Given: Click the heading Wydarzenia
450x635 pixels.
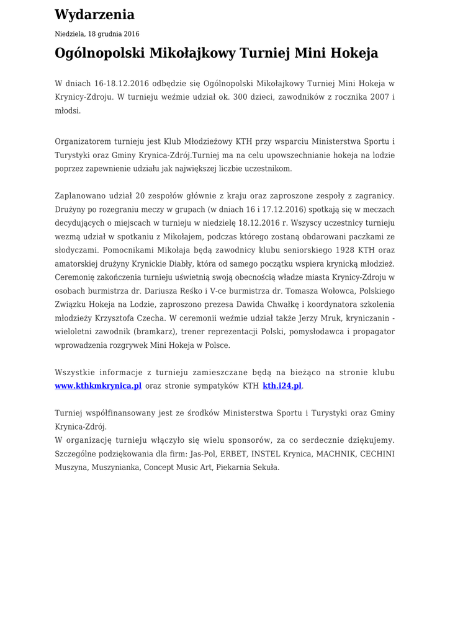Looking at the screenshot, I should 94,15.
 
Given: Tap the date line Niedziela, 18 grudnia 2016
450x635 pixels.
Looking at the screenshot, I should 97,34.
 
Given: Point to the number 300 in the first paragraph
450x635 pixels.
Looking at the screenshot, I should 240,97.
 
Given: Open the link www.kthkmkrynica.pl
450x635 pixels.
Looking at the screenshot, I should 98,386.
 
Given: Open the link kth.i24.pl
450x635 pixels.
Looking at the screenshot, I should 282,386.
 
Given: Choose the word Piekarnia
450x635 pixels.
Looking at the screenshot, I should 234,468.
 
